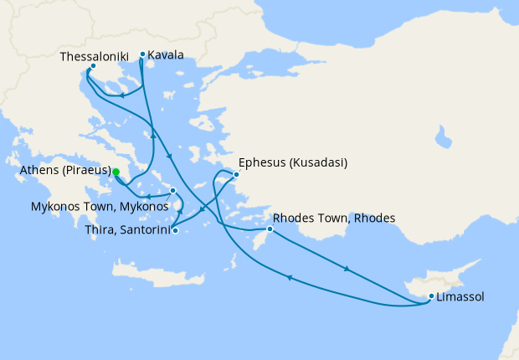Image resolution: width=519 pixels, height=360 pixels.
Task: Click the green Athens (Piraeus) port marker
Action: tap(116, 172)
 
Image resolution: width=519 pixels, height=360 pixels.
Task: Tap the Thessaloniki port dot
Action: tap(93, 66)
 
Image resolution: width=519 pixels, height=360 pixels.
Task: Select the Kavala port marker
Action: tap(142, 54)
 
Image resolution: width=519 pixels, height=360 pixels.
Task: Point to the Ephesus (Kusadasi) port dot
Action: tap(236, 175)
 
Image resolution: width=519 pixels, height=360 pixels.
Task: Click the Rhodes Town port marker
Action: tap(270, 229)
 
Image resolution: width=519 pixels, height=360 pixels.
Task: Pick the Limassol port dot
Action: tap(431, 296)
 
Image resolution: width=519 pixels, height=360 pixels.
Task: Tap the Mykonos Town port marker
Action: tap(172, 191)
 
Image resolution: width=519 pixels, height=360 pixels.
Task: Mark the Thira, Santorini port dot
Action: tap(175, 230)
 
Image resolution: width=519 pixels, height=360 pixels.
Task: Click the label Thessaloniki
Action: tap(94, 56)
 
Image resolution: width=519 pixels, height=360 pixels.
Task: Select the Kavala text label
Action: tap(166, 56)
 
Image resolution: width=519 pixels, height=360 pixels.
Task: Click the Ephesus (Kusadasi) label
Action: tap(293, 162)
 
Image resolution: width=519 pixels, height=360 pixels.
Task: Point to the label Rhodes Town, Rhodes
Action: tap(334, 219)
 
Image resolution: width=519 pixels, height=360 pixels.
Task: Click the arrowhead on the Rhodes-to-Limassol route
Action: tap(347, 270)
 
